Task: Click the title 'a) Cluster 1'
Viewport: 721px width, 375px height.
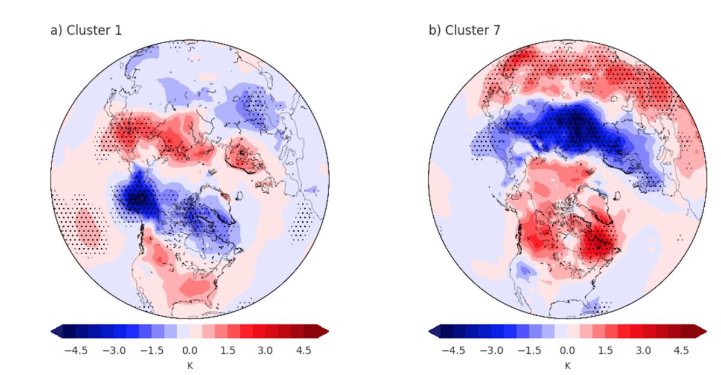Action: [85, 29]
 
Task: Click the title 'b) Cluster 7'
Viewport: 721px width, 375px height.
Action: [464, 29]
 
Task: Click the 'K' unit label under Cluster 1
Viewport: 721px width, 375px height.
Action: [189, 364]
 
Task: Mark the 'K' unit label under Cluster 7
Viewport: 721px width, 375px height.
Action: [568, 364]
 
